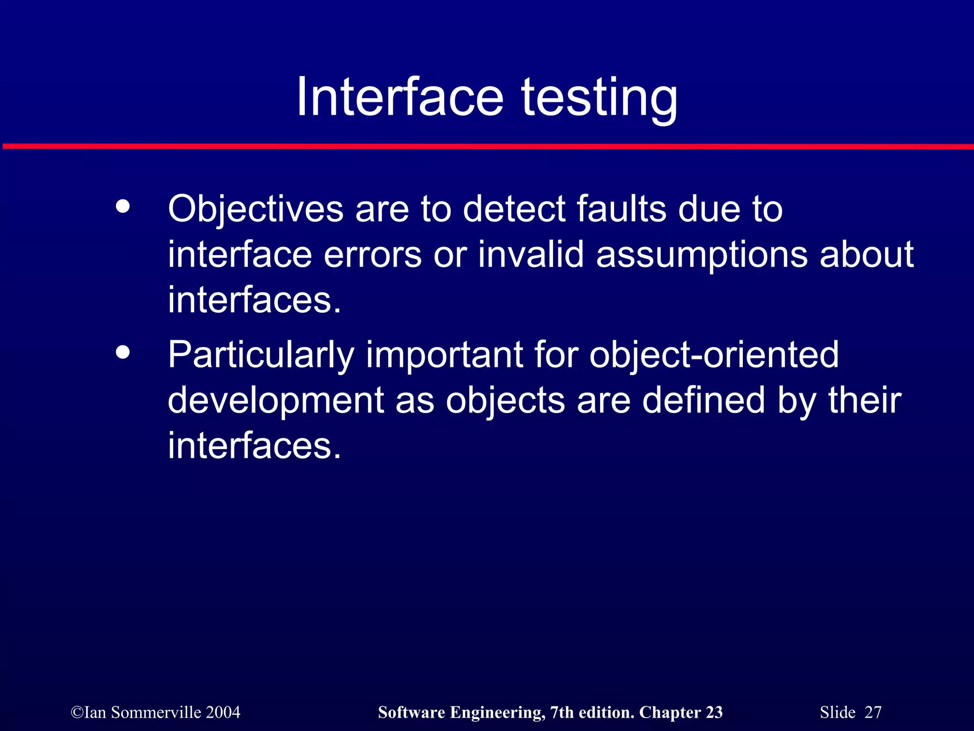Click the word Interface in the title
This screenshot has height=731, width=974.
point(399,98)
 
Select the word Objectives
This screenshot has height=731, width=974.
point(255,209)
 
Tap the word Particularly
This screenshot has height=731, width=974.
point(261,355)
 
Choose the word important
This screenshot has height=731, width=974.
point(444,355)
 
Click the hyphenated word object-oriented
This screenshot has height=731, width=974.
point(714,355)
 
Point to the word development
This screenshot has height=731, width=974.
point(275,401)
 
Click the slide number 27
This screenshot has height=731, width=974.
point(873,712)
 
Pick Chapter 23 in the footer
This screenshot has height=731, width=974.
point(681,712)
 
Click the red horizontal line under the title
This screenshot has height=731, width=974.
point(487,146)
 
